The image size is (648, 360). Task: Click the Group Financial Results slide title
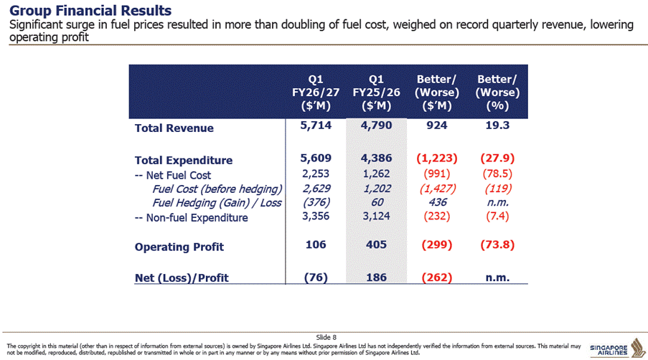[90, 10]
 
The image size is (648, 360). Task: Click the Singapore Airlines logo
[617, 349]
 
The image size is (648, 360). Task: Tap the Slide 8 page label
[326, 337]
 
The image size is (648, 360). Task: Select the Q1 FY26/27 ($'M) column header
[316, 93]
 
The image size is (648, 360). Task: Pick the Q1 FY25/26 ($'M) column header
[376, 93]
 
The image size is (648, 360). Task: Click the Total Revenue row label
[174, 128]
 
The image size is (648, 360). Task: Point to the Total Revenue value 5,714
[316, 125]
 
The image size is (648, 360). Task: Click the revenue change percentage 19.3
[497, 125]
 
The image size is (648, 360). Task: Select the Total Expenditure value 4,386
[376, 158]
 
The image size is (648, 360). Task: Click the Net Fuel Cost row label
[173, 176]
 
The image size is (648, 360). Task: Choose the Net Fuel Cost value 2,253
[316, 174]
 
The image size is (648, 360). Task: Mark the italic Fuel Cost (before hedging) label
[217, 189]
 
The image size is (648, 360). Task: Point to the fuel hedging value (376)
[316, 202]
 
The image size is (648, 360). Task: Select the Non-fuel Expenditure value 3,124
[376, 217]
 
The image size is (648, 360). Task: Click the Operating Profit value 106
[316, 245]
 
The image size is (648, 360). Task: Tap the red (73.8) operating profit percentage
[497, 245]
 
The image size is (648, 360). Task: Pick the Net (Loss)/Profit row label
[182, 278]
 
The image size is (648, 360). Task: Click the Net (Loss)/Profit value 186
[376, 278]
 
